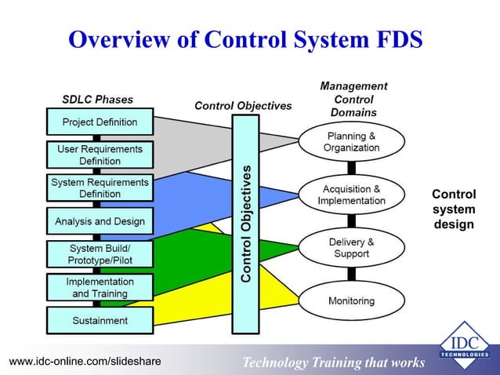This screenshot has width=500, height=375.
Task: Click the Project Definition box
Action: coord(100,122)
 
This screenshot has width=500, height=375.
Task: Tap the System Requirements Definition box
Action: coord(100,188)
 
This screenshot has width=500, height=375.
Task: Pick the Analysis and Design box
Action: coord(100,221)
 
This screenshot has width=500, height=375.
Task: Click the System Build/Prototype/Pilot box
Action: coord(100,254)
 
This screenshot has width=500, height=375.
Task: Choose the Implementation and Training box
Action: coord(100,287)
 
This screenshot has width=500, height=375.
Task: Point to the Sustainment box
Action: coord(100,320)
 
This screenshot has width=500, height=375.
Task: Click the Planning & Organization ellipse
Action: coord(352,142)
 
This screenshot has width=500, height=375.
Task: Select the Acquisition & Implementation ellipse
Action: coord(352,195)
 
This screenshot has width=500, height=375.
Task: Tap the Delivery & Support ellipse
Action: coord(352,248)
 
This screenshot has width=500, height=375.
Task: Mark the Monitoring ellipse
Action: coord(352,300)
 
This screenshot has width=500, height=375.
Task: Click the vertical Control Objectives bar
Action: coord(246,224)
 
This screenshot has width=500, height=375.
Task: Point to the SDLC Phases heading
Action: coord(97,100)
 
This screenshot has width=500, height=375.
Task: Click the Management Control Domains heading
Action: coord(353,100)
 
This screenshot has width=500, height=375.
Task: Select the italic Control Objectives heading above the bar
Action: coord(243,106)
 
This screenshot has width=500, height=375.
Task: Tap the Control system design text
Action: coord(454,209)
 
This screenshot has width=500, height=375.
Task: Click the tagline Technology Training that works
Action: coord(333,362)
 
